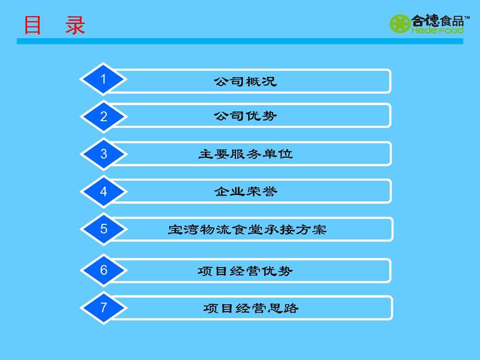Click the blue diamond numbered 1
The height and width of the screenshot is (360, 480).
(103, 79)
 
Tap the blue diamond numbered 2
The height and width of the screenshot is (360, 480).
(103, 116)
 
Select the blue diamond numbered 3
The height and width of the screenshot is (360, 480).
(103, 154)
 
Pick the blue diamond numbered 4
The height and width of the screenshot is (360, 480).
(103, 191)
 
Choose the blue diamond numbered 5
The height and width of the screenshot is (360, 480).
(103, 229)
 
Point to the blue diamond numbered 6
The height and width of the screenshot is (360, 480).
(103, 270)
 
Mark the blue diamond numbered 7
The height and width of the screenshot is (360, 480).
(103, 308)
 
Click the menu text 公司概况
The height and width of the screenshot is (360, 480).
(245, 82)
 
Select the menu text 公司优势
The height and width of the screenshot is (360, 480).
(245, 116)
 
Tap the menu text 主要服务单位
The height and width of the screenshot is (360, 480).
(245, 154)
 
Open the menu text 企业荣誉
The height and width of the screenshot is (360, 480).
(245, 191)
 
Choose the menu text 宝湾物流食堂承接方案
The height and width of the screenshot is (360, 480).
(247, 230)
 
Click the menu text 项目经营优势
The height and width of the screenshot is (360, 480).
(245, 271)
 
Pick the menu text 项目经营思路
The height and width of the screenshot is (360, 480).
(251, 308)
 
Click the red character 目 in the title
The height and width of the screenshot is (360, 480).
(32, 25)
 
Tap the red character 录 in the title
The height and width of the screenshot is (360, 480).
(75, 25)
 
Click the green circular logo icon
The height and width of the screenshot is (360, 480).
(400, 23)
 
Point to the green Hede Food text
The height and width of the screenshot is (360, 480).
(437, 31)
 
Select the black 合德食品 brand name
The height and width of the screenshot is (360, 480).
(437, 20)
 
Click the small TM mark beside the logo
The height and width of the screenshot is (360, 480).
(467, 17)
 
